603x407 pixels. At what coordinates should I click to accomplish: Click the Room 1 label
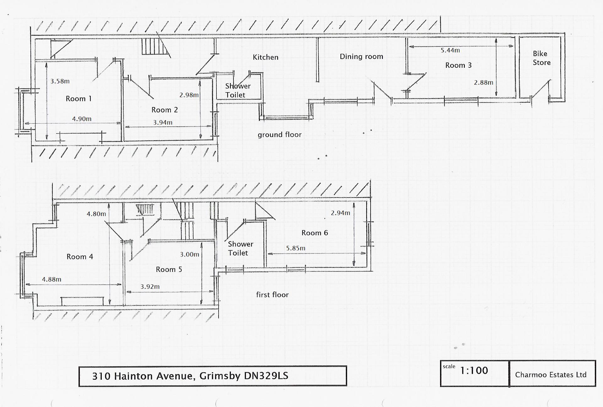pos(79,99)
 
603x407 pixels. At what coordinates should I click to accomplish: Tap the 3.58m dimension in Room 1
pos(60,81)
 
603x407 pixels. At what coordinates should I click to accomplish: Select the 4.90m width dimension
pos(82,119)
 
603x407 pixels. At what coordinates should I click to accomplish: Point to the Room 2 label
pos(165,110)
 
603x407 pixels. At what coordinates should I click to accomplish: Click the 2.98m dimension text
pos(189,95)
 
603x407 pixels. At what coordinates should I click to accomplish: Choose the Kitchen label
pos(265,57)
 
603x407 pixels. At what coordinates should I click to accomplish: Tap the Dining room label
pos(361,57)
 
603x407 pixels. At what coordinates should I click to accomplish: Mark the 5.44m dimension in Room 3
pos(450,50)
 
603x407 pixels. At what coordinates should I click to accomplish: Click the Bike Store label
pos(541,58)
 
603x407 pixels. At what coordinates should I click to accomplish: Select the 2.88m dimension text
pos(483,82)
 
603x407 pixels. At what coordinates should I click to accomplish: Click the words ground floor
pos(280,135)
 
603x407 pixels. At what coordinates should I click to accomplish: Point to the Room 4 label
pos(80,257)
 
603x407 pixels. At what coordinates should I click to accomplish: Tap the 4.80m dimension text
pos(96,214)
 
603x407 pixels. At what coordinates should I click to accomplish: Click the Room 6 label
pos(314,233)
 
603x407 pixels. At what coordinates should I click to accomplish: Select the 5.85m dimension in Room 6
pos(296,248)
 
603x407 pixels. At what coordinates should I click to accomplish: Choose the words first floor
pos(272,295)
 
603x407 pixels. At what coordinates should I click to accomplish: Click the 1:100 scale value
pos(474,371)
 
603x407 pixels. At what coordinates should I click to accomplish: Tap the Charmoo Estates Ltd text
pos(551,375)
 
